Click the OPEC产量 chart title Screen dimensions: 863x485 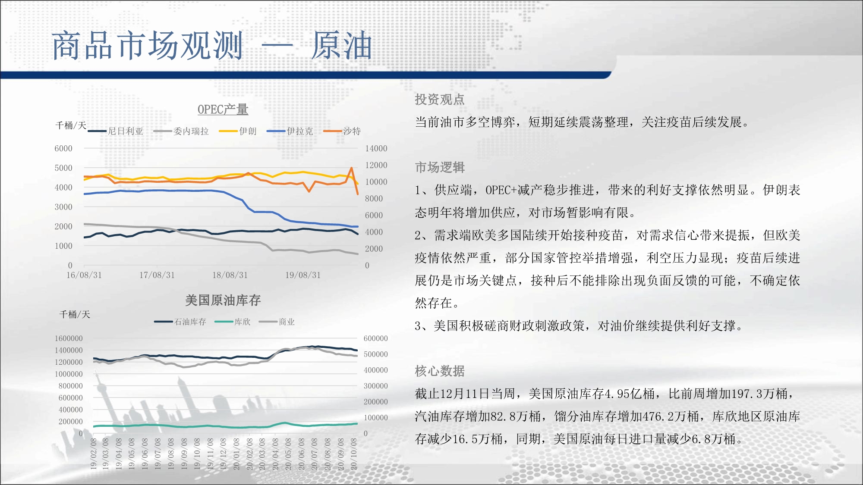[223, 110]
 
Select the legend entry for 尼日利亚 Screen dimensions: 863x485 [115, 131]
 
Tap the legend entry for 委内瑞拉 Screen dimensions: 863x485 [181, 131]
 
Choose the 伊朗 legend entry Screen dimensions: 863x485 [238, 131]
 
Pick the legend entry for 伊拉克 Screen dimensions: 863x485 [290, 131]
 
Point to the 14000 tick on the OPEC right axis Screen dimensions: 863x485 [376, 148]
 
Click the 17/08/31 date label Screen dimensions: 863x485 [157, 275]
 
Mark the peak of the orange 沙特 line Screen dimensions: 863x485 [352, 168]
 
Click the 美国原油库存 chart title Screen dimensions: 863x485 [223, 300]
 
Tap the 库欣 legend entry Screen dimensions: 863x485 [233, 322]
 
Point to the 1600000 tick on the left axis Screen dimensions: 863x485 [69, 338]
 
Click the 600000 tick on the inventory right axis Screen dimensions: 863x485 [376, 338]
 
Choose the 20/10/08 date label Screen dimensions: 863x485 [354, 454]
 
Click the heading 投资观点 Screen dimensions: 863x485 [440, 100]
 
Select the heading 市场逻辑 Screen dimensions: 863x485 [440, 167]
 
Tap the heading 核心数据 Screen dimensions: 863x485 [440, 371]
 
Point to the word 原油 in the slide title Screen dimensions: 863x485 [341, 45]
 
